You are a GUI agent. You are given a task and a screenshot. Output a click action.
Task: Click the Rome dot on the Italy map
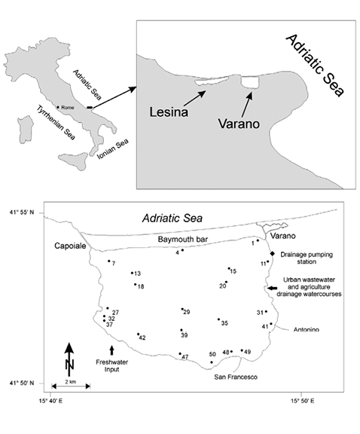(x=58, y=107)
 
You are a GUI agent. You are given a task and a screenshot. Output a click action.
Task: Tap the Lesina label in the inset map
(x=169, y=112)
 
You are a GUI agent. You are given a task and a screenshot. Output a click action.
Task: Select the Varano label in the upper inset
(x=239, y=124)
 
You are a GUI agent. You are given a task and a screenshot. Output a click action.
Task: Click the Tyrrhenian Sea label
(x=56, y=123)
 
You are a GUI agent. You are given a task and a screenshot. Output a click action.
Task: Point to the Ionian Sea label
(x=113, y=149)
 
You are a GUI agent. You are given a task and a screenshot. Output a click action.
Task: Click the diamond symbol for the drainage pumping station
(x=273, y=253)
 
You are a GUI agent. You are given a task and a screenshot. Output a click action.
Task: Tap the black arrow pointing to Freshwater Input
(x=111, y=350)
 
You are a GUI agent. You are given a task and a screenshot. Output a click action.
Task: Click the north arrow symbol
(x=69, y=359)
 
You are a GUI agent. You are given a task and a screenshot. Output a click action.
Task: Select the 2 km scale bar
(x=71, y=386)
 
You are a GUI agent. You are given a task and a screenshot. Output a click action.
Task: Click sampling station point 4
(x=182, y=250)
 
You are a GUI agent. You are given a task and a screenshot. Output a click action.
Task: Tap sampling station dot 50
(x=212, y=362)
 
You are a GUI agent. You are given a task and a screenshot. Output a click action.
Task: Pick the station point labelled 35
(x=218, y=319)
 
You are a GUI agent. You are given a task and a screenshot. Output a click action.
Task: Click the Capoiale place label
(x=70, y=246)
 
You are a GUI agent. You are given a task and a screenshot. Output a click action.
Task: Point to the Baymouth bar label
(x=182, y=240)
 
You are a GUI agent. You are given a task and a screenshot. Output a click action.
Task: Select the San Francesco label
(x=236, y=377)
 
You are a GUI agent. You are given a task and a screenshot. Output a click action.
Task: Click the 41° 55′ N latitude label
(x=22, y=212)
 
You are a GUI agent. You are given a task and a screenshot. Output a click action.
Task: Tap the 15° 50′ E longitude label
(x=301, y=401)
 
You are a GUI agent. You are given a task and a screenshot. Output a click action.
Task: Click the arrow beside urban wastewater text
(x=273, y=288)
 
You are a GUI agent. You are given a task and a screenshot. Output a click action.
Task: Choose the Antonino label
(x=307, y=329)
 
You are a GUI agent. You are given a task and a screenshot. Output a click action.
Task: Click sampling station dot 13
(x=133, y=273)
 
